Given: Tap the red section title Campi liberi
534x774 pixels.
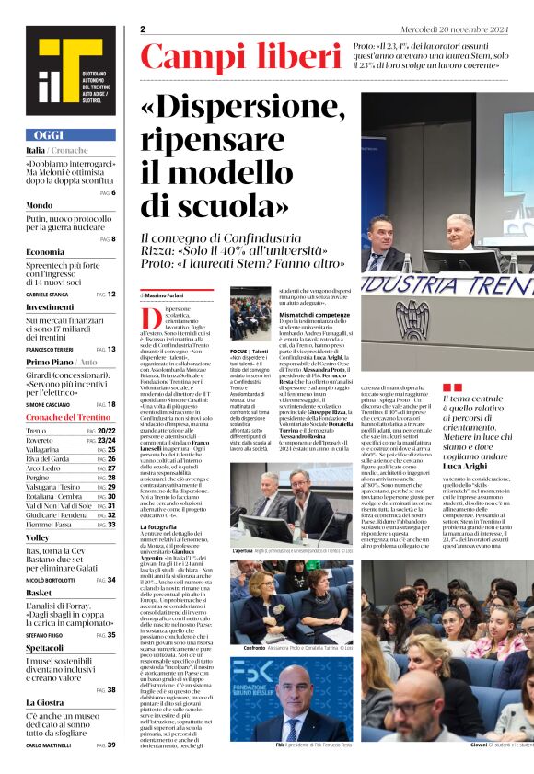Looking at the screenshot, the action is point(240,58).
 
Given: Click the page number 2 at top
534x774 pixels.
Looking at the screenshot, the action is point(143,29).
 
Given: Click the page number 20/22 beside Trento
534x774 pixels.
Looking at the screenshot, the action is point(107,431).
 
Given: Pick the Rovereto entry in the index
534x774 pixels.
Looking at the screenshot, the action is point(42,440).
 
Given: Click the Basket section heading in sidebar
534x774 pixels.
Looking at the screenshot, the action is point(40,593).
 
